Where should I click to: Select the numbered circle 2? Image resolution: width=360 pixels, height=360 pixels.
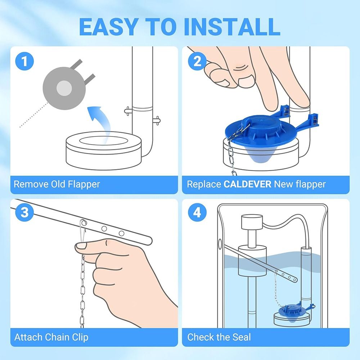[x=198, y=61]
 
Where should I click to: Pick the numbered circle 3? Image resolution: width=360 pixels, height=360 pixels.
[x=24, y=212]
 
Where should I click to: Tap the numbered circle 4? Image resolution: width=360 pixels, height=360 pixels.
[x=198, y=212]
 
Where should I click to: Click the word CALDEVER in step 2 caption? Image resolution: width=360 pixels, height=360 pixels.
[x=247, y=185]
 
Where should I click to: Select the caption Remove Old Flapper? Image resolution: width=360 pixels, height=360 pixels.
[x=57, y=185]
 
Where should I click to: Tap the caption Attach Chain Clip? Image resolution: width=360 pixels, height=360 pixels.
[x=51, y=337]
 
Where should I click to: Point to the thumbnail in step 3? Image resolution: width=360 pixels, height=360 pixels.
[x=82, y=246]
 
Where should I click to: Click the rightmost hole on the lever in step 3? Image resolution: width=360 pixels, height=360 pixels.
[x=121, y=233]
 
